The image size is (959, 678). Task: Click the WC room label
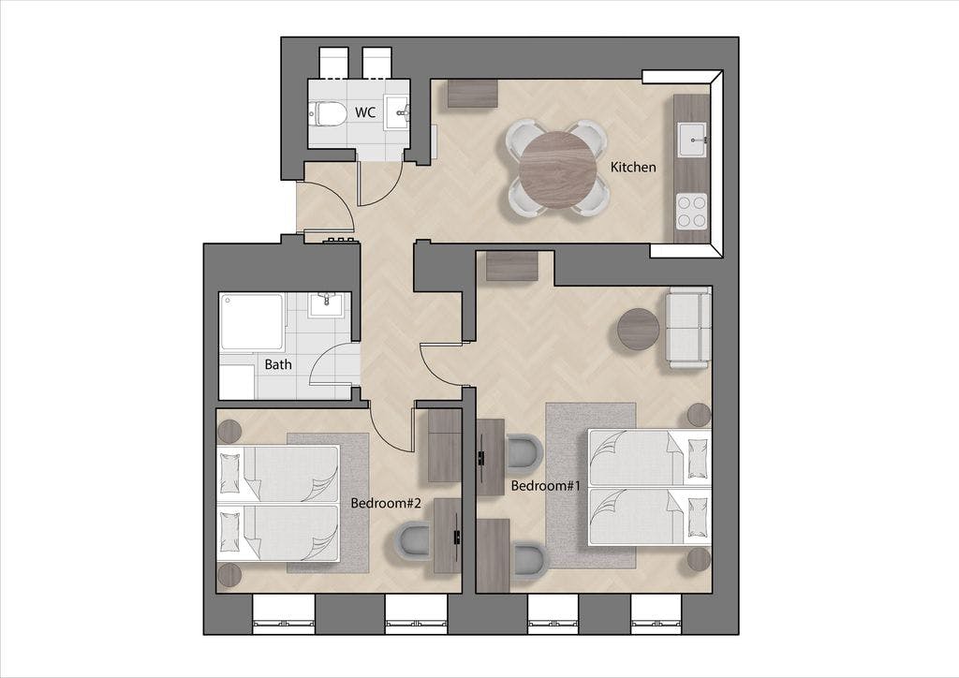click(364, 112)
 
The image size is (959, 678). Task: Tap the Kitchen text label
click(633, 167)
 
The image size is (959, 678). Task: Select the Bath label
click(277, 364)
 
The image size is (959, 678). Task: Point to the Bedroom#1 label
click(542, 486)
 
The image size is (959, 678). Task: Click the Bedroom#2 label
click(386, 503)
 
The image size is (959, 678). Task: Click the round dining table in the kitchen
click(557, 169)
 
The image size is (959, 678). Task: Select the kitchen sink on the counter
click(692, 140)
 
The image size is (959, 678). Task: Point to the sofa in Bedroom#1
click(687, 327)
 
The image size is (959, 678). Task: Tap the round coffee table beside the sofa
click(639, 329)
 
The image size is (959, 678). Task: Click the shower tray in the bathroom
click(251, 321)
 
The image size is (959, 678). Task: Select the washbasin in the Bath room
click(327, 303)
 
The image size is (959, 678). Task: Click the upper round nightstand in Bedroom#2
click(229, 432)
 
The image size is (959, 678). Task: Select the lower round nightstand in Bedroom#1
click(699, 559)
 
